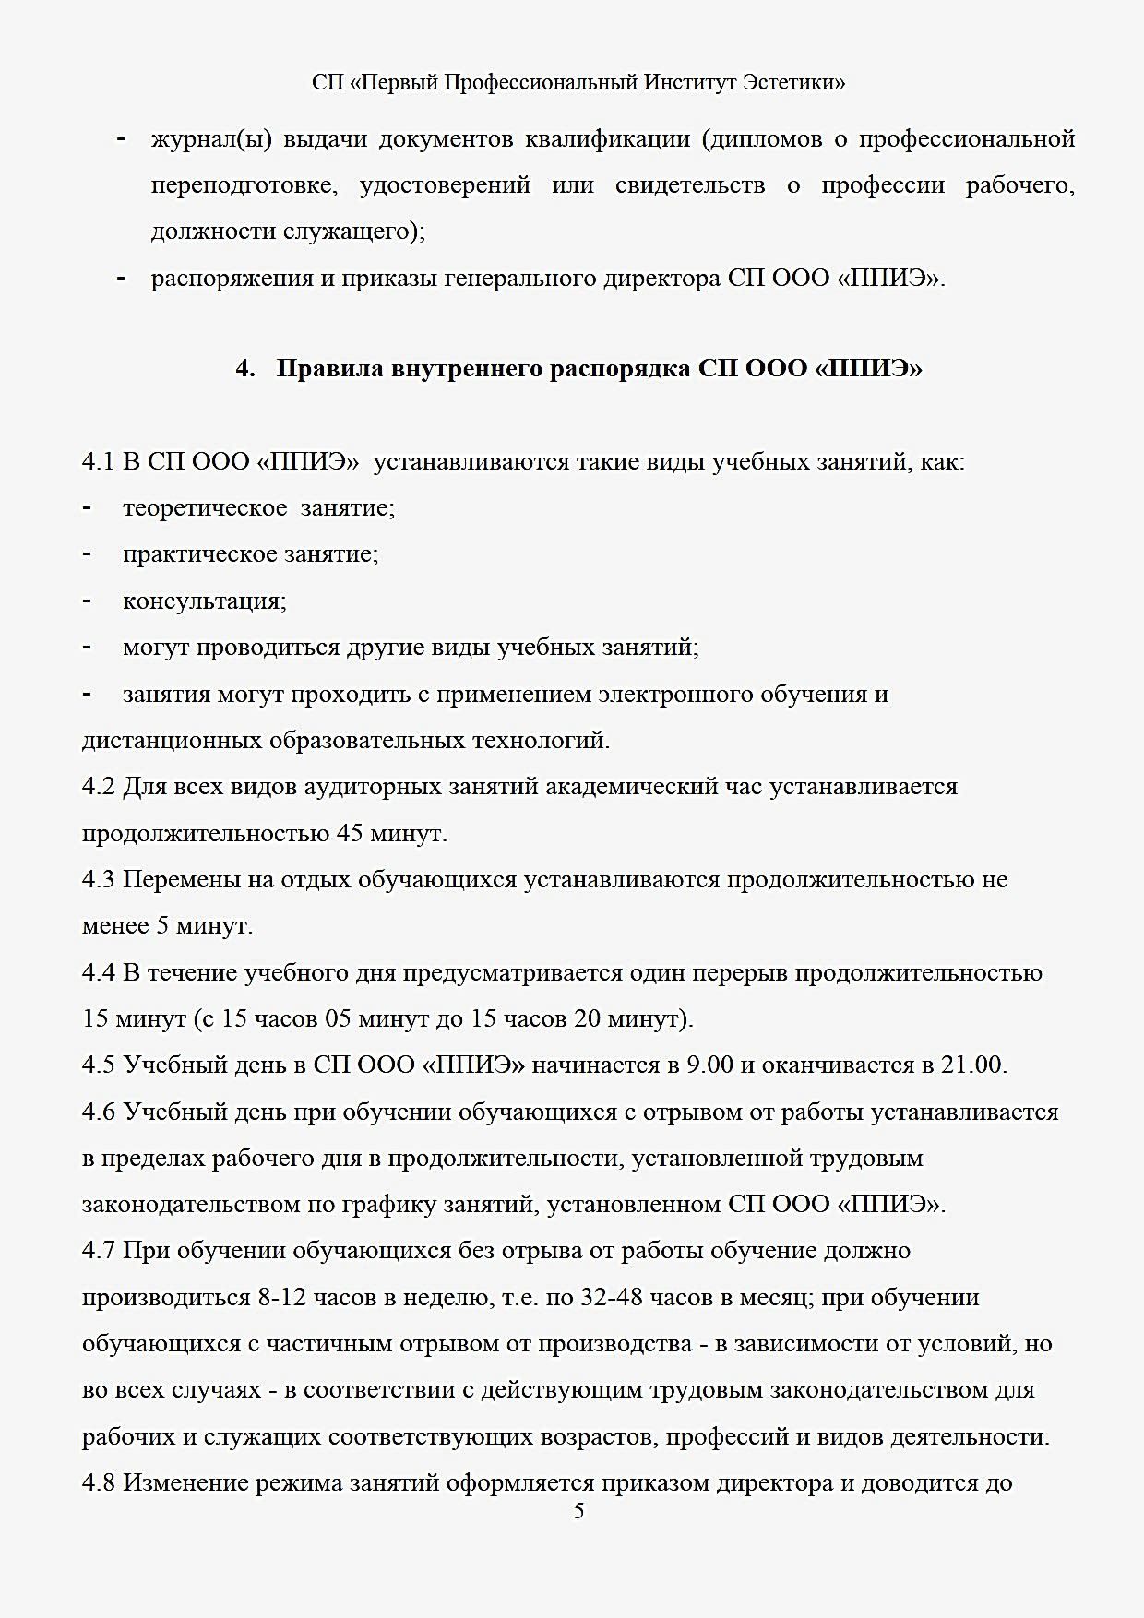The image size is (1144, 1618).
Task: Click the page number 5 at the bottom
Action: tap(578, 1511)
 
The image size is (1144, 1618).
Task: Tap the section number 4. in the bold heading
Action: tap(244, 369)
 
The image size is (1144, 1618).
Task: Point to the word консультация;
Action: tap(205, 601)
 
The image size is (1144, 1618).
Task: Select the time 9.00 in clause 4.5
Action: tap(709, 1065)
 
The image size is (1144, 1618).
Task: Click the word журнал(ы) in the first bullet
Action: tap(210, 140)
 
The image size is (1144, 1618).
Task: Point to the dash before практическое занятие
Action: tap(87, 553)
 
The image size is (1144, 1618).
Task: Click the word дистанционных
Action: tap(173, 741)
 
